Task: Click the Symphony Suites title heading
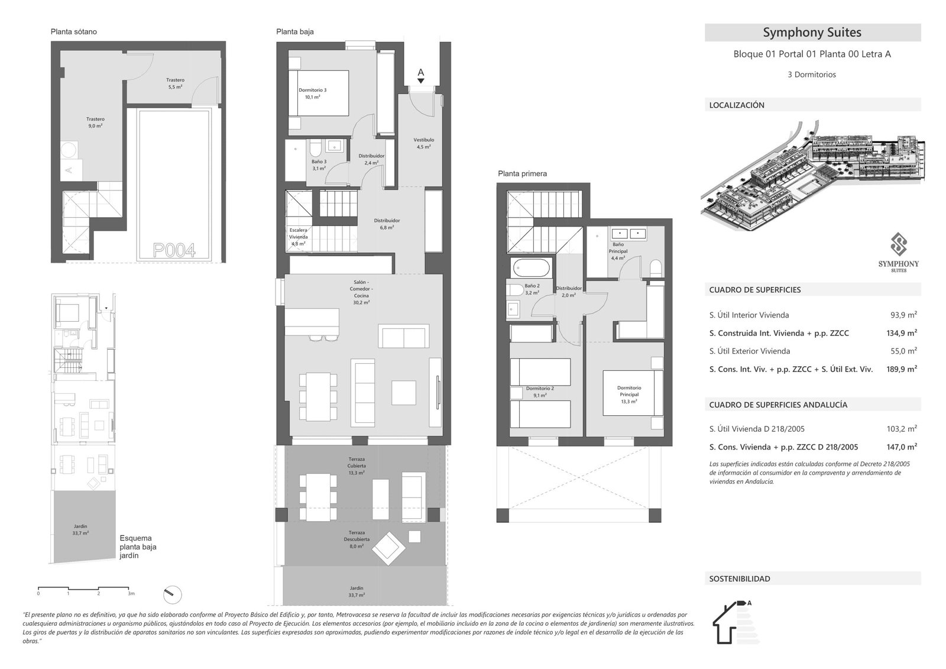tap(812, 33)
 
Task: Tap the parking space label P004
tap(174, 250)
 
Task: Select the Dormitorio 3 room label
tap(312, 93)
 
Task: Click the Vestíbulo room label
tap(423, 143)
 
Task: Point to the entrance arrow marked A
tap(421, 76)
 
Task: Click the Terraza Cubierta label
tap(357, 466)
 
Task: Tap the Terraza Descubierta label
tap(357, 539)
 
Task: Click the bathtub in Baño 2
tap(531, 268)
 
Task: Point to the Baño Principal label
tap(618, 251)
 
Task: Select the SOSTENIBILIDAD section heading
tap(740, 578)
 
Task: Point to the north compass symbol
tap(172, 594)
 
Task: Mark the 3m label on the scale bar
tap(131, 593)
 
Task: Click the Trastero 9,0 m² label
tap(95, 122)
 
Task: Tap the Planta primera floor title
tap(522, 174)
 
